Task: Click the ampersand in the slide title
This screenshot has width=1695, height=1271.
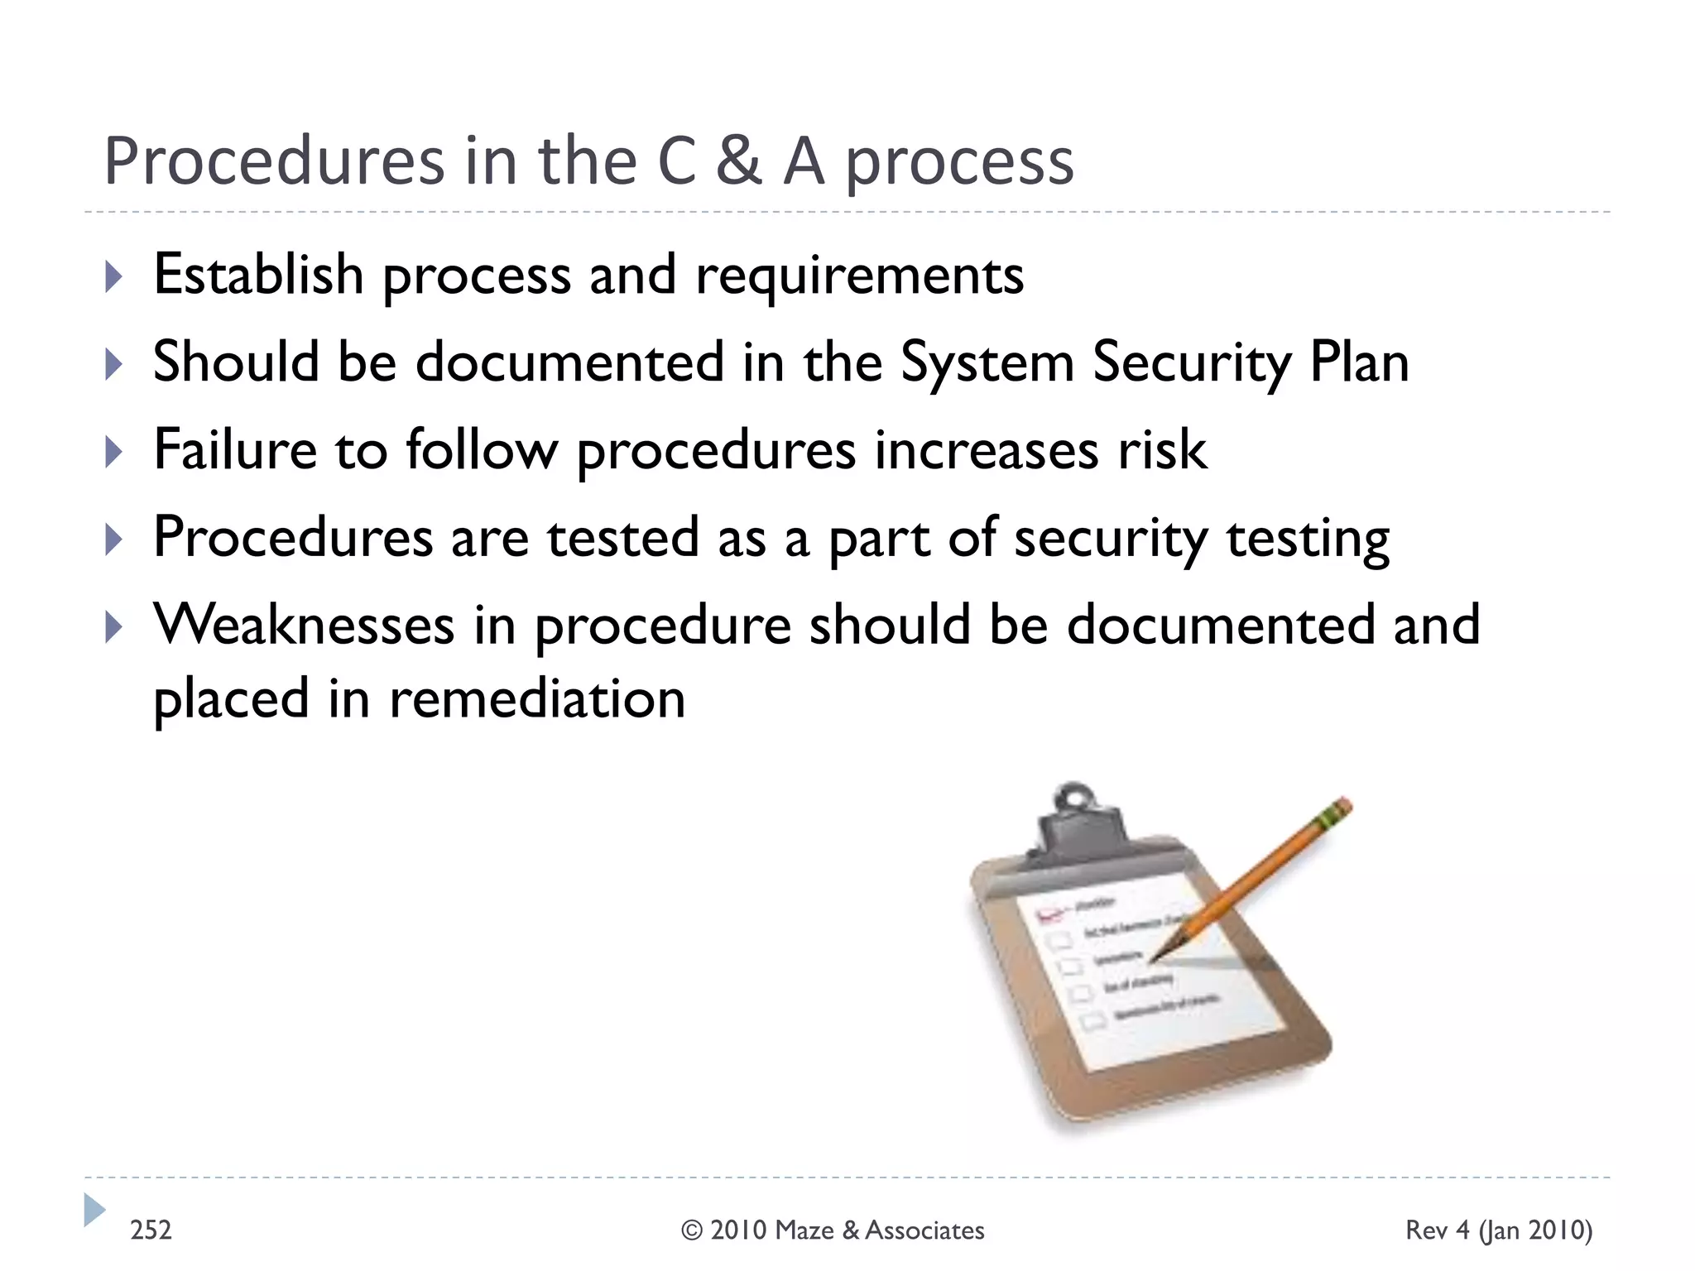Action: pyautogui.click(x=737, y=161)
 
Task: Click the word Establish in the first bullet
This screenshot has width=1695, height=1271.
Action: pyautogui.click(x=258, y=275)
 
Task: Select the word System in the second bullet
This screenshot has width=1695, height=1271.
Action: pyautogui.click(x=987, y=364)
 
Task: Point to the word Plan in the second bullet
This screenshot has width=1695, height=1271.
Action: pyautogui.click(x=1359, y=362)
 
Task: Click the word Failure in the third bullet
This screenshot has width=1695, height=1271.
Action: pyautogui.click(x=235, y=450)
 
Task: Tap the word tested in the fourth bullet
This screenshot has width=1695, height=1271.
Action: pyautogui.click(x=622, y=538)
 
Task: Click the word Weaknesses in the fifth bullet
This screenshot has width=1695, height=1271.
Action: pyautogui.click(x=304, y=626)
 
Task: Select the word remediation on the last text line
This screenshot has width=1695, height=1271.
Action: pyautogui.click(x=537, y=699)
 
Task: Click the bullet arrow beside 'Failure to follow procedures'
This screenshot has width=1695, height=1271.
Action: pyautogui.click(x=114, y=452)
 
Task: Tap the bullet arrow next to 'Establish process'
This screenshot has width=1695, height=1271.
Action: pyautogui.click(x=114, y=276)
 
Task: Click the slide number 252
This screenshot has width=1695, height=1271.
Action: pyautogui.click(x=151, y=1230)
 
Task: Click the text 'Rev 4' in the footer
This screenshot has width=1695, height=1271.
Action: pyautogui.click(x=1438, y=1230)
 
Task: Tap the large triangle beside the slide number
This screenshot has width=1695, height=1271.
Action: pyautogui.click(x=94, y=1210)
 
